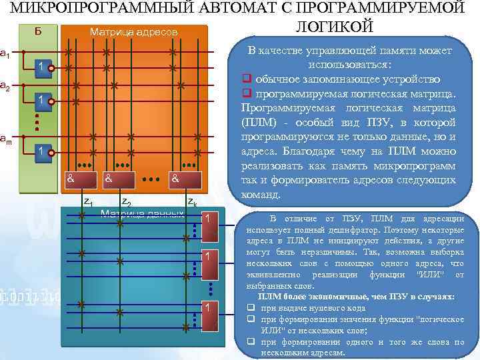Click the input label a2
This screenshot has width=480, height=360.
click(x=5, y=87)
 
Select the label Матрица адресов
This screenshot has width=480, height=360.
click(x=133, y=32)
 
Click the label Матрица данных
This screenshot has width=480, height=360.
click(x=141, y=214)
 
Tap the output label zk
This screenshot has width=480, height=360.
click(x=191, y=201)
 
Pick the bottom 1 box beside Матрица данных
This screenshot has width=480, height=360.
click(x=209, y=308)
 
